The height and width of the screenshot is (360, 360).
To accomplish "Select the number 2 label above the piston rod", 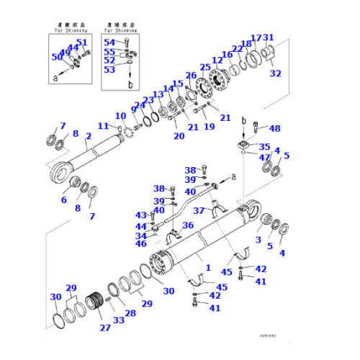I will [x=89, y=135].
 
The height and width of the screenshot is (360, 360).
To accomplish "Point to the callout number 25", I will [x=205, y=68].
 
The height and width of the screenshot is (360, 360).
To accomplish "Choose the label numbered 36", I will [x=189, y=225].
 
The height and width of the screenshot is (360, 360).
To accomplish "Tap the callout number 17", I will [x=256, y=38].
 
